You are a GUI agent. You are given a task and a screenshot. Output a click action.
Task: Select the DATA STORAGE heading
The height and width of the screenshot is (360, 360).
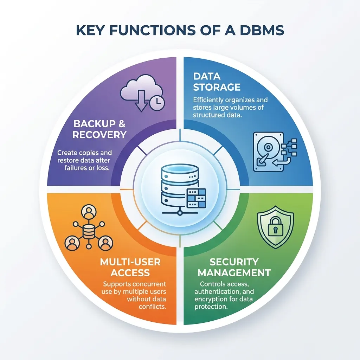(217, 82)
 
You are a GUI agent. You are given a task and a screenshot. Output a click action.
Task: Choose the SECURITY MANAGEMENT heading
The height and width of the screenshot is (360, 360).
(235, 267)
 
